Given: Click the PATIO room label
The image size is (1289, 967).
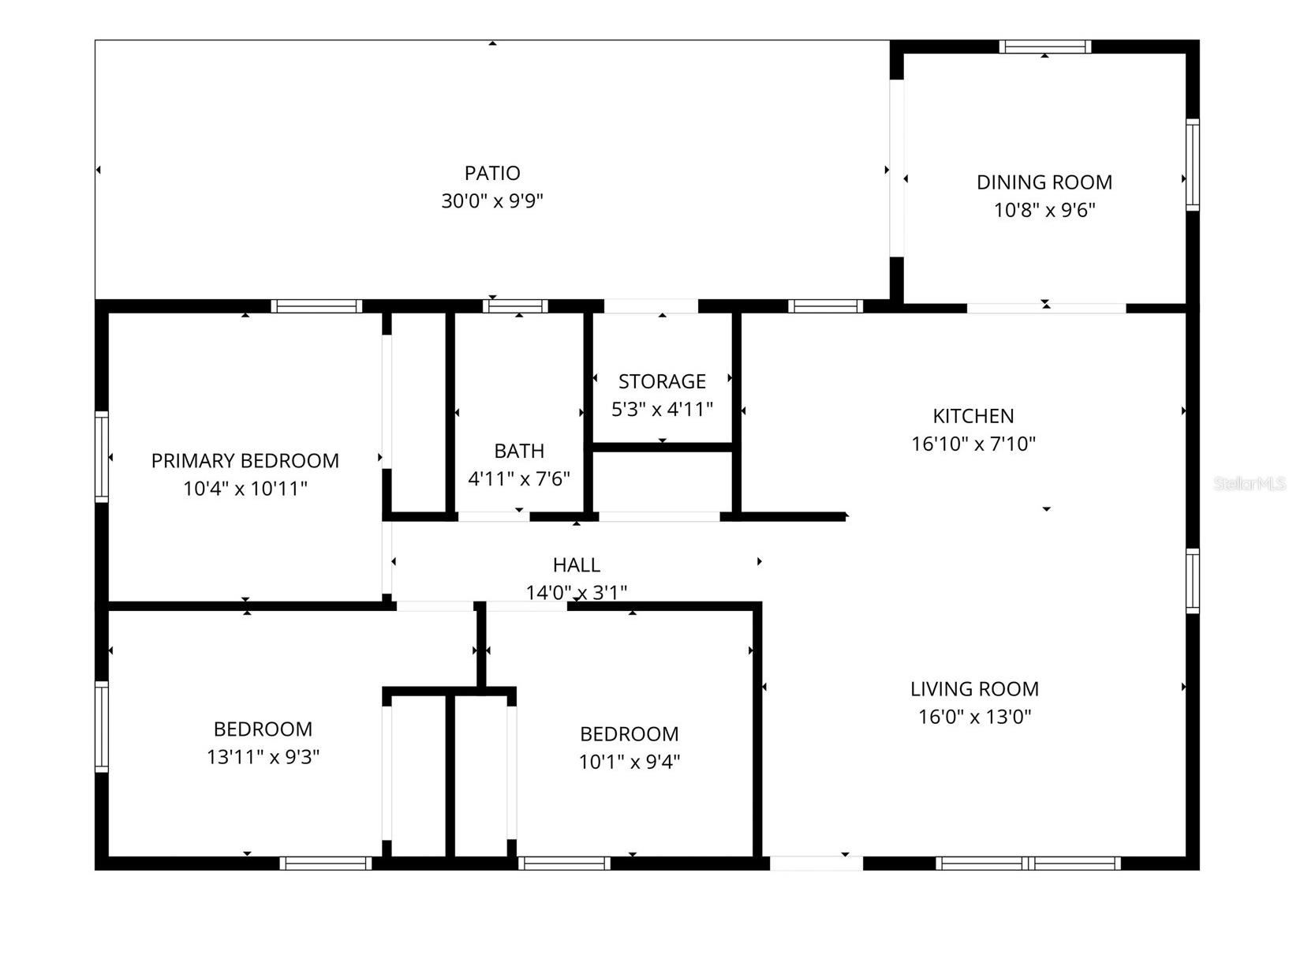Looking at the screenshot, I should click(492, 173).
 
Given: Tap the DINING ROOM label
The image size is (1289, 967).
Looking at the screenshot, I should click(1044, 182).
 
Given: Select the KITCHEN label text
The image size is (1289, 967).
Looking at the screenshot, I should click(973, 416).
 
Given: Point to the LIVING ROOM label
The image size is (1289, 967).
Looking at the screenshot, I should click(974, 689).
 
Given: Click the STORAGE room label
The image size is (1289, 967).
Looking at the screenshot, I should click(662, 382).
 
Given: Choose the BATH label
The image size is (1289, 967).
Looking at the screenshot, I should click(519, 451).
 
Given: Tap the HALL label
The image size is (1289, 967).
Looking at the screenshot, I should click(577, 565).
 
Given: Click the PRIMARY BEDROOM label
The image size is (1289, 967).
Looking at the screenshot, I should click(245, 461).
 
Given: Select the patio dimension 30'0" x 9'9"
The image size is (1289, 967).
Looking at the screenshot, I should click(492, 201).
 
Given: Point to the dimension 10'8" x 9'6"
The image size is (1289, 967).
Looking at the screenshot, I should click(1044, 210).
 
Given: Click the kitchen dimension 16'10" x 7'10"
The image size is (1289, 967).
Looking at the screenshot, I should click(973, 444).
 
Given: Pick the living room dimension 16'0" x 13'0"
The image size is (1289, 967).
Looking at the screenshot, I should click(974, 717).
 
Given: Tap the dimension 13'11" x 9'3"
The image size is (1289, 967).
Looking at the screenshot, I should click(263, 757).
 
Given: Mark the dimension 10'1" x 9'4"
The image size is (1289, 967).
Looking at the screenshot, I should click(630, 762).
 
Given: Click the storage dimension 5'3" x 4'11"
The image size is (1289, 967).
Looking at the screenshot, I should click(662, 410).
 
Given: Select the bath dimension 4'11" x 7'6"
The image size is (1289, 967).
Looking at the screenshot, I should click(519, 479).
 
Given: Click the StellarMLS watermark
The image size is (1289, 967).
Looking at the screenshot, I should click(1250, 484).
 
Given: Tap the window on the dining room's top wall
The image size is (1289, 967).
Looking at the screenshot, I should click(1045, 47).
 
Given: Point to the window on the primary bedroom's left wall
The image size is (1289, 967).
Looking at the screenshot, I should click(102, 456).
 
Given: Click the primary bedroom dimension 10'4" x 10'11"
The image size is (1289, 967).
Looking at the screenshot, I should click(245, 489).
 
